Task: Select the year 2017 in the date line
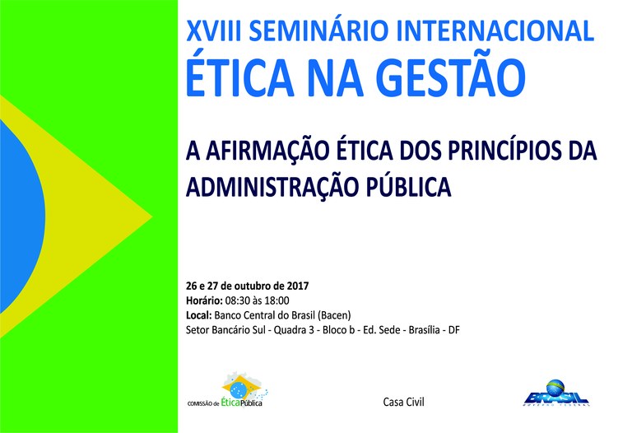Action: pyautogui.click(x=298, y=286)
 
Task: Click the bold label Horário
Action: pyautogui.click(x=204, y=300)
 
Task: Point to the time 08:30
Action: pyautogui.click(x=237, y=300)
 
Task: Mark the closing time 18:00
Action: pyautogui.click(x=277, y=300)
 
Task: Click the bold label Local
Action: pyautogui.click(x=199, y=315)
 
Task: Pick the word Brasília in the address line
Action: pyautogui.click(x=424, y=330)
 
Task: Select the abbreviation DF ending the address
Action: pyautogui.click(x=454, y=330)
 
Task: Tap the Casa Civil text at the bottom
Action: pyautogui.click(x=403, y=402)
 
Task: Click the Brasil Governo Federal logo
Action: pyautogui.click(x=555, y=393)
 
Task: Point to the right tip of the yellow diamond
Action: pyautogui.click(x=151, y=216)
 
